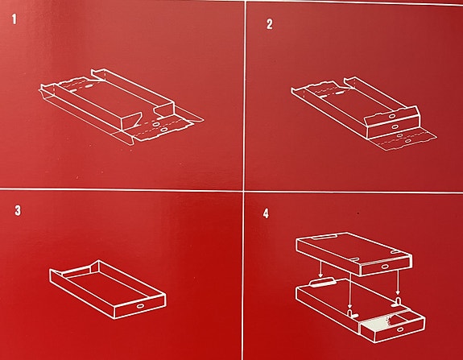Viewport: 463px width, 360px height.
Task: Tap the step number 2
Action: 269,24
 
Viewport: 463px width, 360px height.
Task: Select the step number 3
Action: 16,212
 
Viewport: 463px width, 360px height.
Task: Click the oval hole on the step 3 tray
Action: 142,306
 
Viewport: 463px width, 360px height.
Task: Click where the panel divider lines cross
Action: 244,189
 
